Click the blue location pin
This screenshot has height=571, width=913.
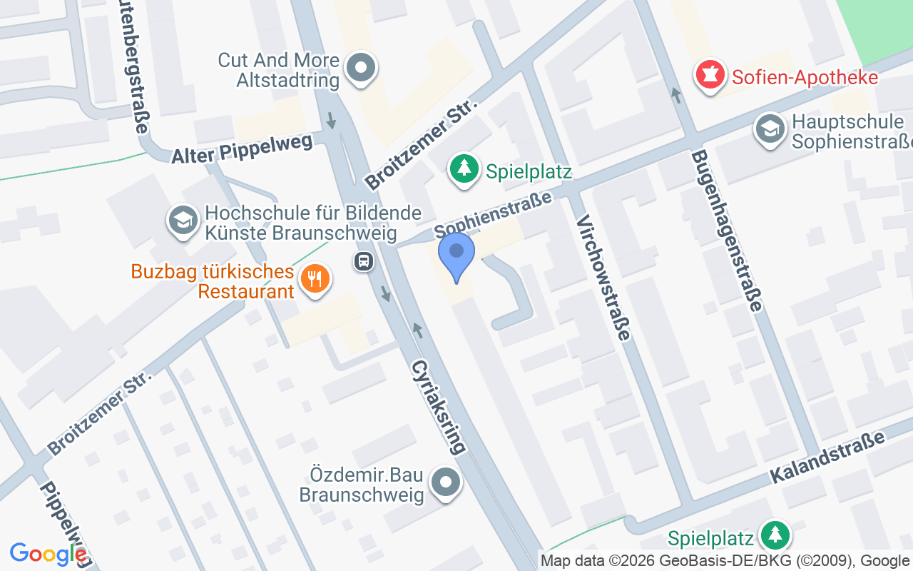point(456,256)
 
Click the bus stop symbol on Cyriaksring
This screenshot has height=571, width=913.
point(364,261)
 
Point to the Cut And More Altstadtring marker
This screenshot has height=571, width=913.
point(361,69)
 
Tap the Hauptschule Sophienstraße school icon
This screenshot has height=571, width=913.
point(770,131)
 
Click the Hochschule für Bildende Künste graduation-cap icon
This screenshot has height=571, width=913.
point(183,221)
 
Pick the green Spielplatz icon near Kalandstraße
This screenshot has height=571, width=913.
point(775,535)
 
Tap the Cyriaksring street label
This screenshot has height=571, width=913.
point(438,406)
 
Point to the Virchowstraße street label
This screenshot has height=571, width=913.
point(603,277)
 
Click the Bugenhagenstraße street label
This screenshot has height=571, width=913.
point(726,230)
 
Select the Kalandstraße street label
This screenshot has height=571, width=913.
point(826,458)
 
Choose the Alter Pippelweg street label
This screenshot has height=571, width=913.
point(242,148)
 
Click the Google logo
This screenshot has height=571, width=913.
point(48,554)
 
